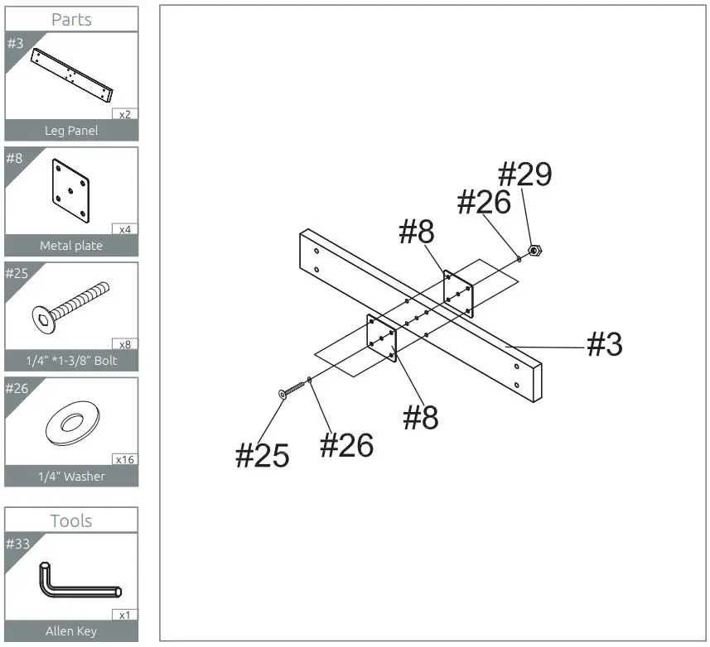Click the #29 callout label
[x=524, y=175]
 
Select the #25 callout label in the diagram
[x=263, y=455]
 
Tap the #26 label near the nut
[x=485, y=202]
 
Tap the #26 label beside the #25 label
[x=346, y=445]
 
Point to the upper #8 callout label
[x=417, y=232]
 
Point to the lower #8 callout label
[x=421, y=418]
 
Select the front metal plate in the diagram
[x=382, y=338]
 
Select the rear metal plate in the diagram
[x=458, y=294]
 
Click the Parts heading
[x=71, y=19]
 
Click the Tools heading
[x=71, y=520]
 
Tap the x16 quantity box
[x=125, y=459]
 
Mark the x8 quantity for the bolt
[x=125, y=344]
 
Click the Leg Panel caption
[x=71, y=131]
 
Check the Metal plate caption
[x=71, y=246]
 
